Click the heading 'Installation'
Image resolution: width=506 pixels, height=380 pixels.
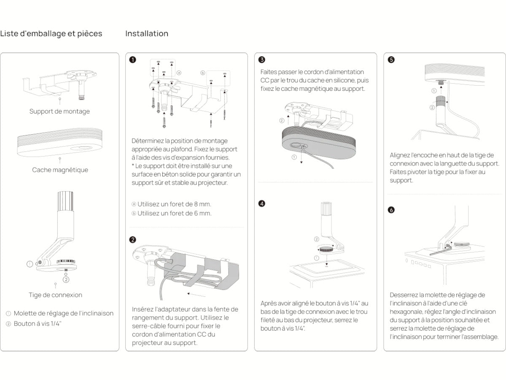(147, 33)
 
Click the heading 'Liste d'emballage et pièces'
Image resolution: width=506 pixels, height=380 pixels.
(51, 33)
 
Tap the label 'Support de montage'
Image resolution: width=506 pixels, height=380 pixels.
(59, 111)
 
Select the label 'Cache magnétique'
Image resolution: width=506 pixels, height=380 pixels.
(60, 170)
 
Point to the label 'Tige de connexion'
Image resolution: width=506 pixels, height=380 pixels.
(55, 295)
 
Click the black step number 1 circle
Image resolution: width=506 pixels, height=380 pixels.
(133, 60)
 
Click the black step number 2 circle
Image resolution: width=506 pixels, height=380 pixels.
(133, 240)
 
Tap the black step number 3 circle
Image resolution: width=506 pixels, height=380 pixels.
(262, 60)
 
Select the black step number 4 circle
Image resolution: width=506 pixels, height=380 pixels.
(262, 204)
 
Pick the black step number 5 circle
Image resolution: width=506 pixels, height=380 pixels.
(391, 60)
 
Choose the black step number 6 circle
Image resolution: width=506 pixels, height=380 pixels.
(391, 210)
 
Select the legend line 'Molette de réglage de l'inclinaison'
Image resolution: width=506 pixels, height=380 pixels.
(63, 313)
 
